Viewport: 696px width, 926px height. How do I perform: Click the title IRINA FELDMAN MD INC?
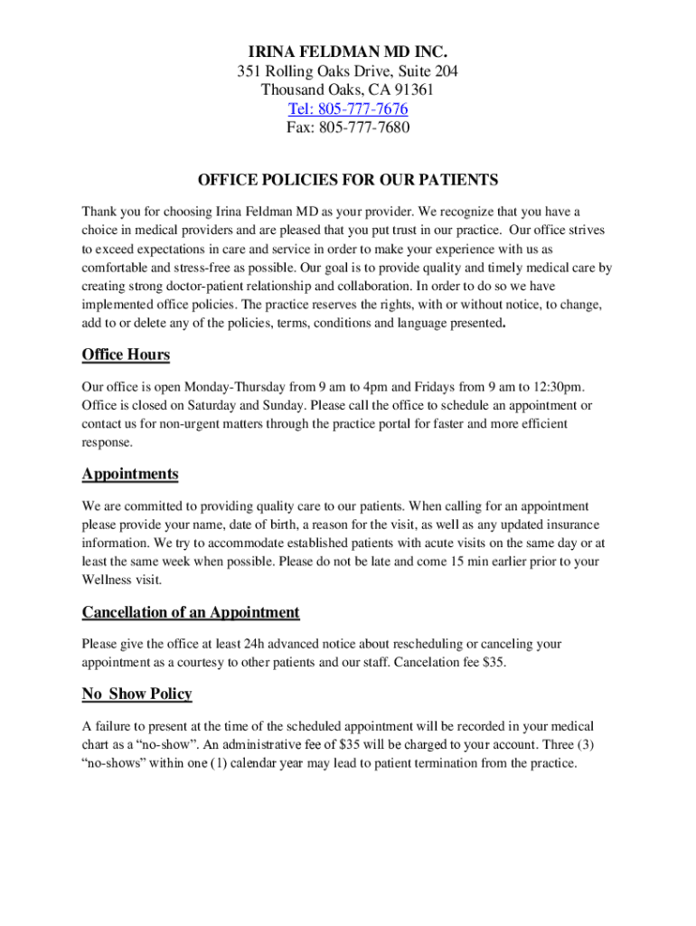point(348,51)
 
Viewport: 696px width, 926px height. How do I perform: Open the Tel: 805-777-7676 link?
point(348,109)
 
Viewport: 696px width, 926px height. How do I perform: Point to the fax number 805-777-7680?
point(364,128)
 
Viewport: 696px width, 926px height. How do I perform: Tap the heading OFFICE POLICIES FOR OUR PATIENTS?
point(348,180)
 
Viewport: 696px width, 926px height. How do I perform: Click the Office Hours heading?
point(126,354)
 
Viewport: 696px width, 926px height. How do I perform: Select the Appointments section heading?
point(130,474)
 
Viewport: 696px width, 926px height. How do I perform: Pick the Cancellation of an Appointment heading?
point(191,612)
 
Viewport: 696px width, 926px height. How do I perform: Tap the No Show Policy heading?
point(137,694)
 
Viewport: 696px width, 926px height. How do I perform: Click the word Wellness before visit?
point(109,580)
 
